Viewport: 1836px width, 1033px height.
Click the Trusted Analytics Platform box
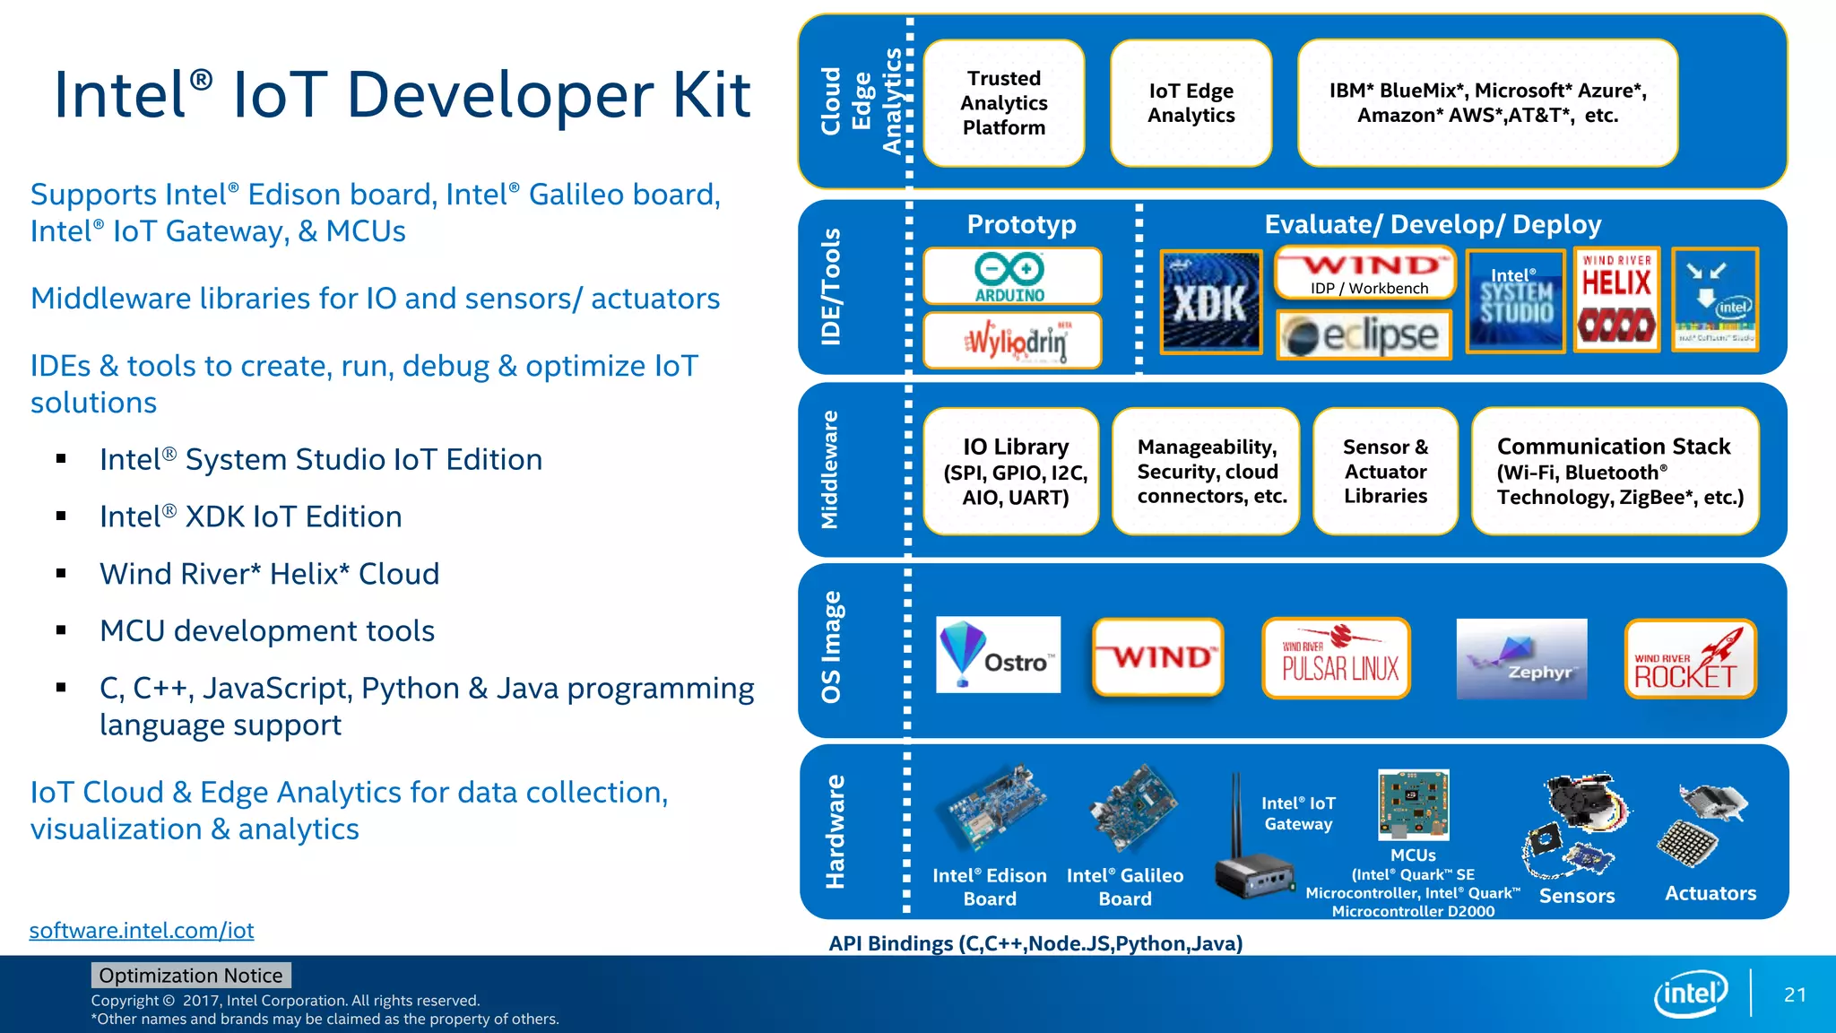pos(1003,103)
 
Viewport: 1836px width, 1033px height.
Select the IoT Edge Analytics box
pos(1191,103)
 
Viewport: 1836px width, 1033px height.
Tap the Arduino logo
pos(1011,276)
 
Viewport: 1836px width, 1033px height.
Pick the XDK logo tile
pos(1210,302)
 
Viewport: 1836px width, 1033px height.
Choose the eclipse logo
pos(1364,335)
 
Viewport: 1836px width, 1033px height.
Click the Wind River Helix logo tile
pos(1616,299)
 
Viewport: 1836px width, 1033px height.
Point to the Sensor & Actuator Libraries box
pos(1385,472)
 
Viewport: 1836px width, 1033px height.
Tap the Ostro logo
pos(998,655)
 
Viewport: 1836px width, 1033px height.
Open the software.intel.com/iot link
pos(142,930)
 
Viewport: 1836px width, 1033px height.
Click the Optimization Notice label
pos(190,975)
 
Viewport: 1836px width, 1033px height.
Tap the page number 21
pos(1795,994)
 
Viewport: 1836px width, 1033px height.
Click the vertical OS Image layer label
pos(832,647)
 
